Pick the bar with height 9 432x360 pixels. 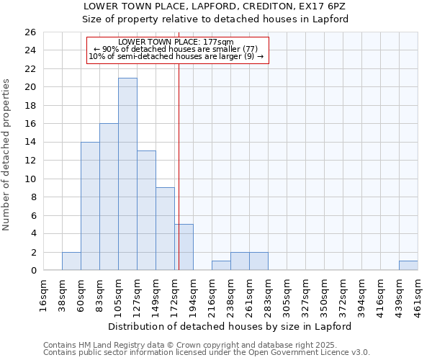tap(165, 229)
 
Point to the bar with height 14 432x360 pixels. tap(90, 206)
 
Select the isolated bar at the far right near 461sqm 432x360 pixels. tap(408, 266)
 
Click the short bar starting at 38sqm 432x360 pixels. tap(71, 261)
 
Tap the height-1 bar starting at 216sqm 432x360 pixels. tap(221, 266)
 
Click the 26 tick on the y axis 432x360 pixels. tap(30, 32)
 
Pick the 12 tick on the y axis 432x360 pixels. tap(30, 161)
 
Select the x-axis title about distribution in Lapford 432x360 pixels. tap(230, 326)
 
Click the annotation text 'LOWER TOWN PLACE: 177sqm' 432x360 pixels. tap(176, 42)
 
